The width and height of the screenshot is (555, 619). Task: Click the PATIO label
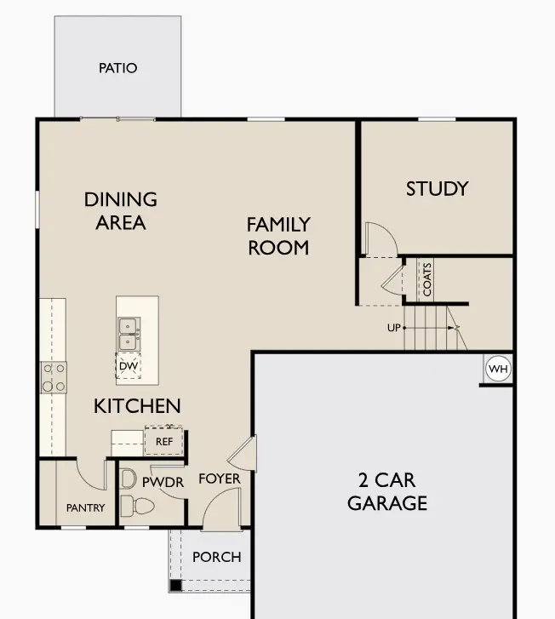(x=117, y=68)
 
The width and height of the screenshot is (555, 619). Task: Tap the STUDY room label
(x=437, y=188)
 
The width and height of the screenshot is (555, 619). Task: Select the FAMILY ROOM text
(x=277, y=236)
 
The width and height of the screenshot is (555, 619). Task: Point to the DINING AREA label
(x=121, y=211)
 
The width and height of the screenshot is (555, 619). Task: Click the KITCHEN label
(x=137, y=406)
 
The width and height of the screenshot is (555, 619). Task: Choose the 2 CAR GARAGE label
(x=386, y=490)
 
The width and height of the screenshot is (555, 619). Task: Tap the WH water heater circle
(x=497, y=369)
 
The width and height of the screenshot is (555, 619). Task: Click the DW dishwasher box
(x=129, y=366)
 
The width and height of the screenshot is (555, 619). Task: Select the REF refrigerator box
(x=163, y=441)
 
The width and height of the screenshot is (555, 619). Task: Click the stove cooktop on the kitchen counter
(x=54, y=377)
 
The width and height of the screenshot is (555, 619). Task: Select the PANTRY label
(x=85, y=508)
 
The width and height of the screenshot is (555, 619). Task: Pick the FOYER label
(x=219, y=479)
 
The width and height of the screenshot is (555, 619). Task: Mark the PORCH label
(x=216, y=557)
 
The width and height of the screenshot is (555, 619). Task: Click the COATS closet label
(x=427, y=278)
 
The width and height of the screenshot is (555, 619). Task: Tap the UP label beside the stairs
(x=393, y=328)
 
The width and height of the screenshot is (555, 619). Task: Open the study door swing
(x=379, y=238)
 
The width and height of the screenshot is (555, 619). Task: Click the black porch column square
(x=175, y=586)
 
